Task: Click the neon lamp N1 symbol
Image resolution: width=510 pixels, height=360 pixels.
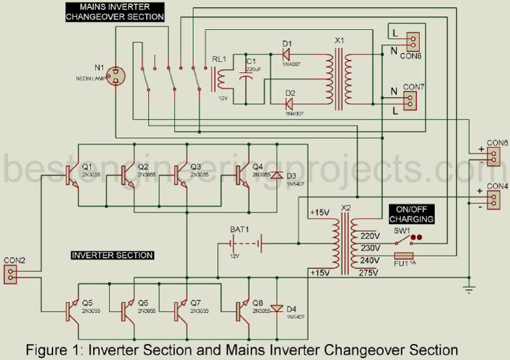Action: click(117, 76)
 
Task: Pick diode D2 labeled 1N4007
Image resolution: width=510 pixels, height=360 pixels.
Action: click(290, 103)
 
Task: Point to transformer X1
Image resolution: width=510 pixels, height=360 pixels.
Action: click(340, 78)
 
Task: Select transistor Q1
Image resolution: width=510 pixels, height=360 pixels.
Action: click(71, 174)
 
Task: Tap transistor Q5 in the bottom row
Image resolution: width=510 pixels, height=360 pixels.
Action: click(71, 309)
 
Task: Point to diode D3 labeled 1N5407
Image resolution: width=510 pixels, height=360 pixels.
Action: click(276, 175)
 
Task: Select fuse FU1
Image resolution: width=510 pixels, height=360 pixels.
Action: click(404, 256)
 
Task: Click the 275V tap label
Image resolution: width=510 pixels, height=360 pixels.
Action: click(369, 273)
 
